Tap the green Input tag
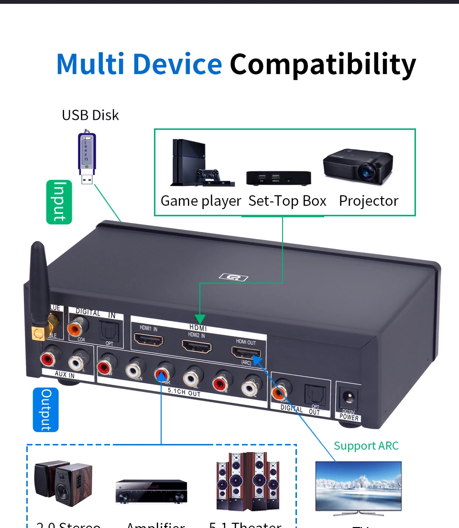click(59, 202)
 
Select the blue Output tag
click(46, 410)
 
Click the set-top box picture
click(278, 178)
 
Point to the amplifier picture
click(151, 491)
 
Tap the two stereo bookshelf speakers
click(64, 484)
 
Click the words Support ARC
click(366, 446)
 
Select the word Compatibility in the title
click(323, 64)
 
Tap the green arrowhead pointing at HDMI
click(200, 319)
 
